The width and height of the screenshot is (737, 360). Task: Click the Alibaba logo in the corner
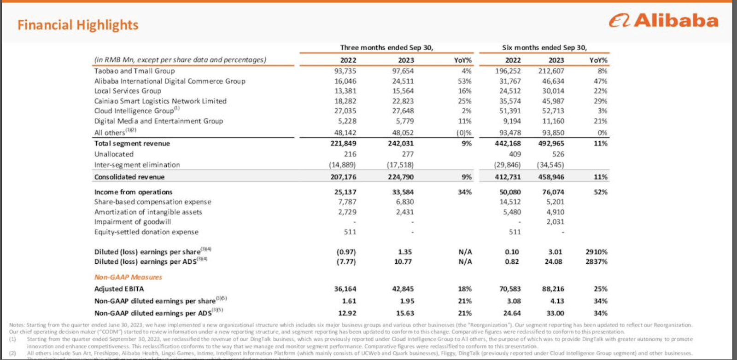click(663, 21)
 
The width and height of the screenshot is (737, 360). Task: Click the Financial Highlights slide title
click(78, 25)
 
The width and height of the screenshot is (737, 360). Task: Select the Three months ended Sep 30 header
click(386, 47)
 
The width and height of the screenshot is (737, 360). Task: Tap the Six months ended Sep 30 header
click(544, 47)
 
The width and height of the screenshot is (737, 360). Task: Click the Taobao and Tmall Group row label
click(135, 71)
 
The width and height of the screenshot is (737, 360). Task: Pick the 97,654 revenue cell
click(403, 71)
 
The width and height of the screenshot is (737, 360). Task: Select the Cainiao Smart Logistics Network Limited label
click(160, 101)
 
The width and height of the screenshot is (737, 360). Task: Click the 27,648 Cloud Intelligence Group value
click(403, 111)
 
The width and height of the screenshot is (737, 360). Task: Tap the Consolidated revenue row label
click(129, 177)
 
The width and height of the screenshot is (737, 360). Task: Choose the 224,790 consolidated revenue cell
click(400, 177)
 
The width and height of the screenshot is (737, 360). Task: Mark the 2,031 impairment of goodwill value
click(555, 222)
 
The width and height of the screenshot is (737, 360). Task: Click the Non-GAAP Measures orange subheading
click(128, 277)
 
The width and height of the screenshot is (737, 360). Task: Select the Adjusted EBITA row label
click(119, 289)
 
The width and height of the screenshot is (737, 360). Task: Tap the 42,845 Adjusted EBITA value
click(403, 289)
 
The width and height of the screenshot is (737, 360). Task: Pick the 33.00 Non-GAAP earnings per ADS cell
click(555, 313)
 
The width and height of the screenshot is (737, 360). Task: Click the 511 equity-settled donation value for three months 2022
click(350, 232)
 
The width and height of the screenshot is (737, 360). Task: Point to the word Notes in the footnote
click(17, 325)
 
